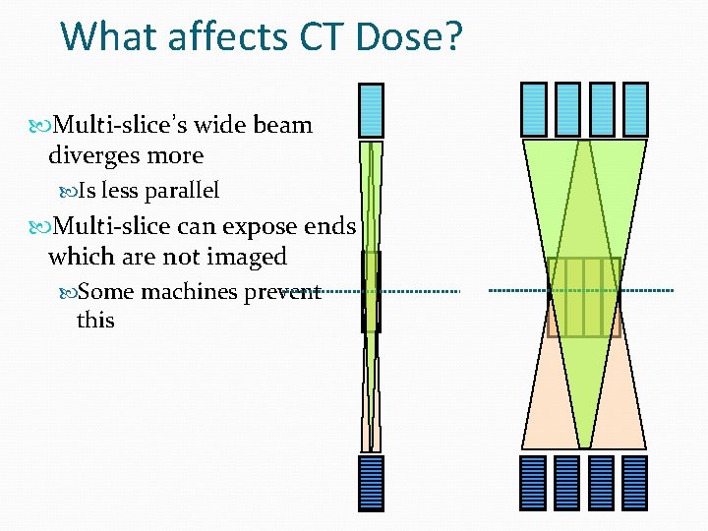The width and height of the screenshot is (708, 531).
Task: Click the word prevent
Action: tap(283, 292)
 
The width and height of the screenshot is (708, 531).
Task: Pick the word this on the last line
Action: tap(95, 321)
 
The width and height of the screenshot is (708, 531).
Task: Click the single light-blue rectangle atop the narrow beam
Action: tap(371, 109)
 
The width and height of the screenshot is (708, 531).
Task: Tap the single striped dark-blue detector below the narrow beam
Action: tap(371, 481)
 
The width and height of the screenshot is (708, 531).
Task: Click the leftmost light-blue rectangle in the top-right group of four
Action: tap(533, 108)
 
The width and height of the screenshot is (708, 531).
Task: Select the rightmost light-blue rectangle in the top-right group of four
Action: tap(635, 108)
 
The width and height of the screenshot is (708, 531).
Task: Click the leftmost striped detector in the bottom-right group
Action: tap(533, 481)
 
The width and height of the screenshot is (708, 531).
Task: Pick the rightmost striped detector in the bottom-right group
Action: tap(635, 481)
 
